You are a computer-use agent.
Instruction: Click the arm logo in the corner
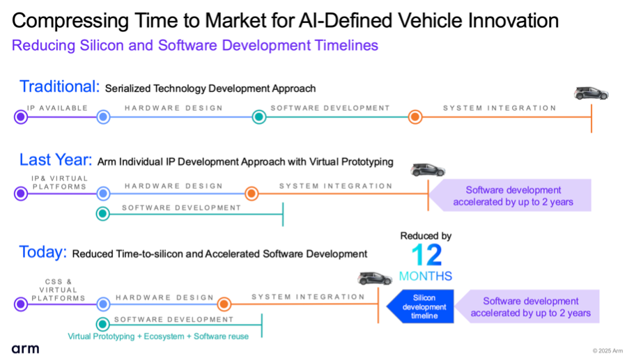[25, 349]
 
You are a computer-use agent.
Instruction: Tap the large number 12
[426, 255]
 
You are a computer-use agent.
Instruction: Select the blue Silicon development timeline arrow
[420, 306]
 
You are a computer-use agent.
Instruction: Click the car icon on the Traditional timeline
[591, 93]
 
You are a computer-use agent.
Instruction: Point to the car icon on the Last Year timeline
[428, 170]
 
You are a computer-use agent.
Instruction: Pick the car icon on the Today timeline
[374, 279]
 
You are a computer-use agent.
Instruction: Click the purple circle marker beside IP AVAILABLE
[21, 117]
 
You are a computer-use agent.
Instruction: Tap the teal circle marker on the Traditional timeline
[259, 117]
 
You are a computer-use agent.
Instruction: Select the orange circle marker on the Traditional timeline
[415, 117]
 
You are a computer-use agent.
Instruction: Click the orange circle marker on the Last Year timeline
[251, 194]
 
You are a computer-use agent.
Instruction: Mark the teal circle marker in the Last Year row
[103, 214]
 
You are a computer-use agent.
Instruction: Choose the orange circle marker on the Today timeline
[224, 304]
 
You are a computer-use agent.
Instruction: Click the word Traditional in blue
[60, 87]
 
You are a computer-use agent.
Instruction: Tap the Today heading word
[43, 253]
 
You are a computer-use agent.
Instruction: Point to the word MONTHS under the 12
[426, 276]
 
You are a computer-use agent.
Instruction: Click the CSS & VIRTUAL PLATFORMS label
[59, 290]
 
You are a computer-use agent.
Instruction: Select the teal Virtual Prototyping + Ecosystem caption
[158, 336]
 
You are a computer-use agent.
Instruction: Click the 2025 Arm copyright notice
[607, 351]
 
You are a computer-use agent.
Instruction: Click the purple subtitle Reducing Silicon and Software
[195, 45]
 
